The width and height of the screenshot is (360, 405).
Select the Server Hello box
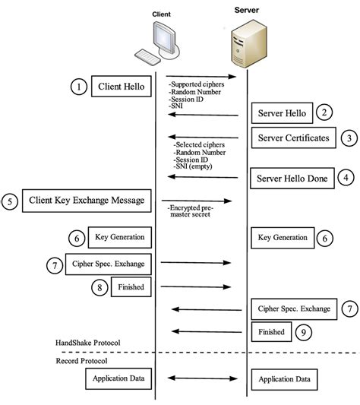click(x=282, y=114)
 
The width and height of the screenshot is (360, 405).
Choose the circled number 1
click(x=79, y=87)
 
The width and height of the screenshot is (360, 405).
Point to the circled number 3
click(x=348, y=138)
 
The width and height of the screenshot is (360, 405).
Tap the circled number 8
click(x=98, y=287)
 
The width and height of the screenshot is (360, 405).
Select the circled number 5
click(x=9, y=201)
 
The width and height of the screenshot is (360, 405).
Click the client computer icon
click(x=157, y=43)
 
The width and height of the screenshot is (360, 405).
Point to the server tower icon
click(x=247, y=43)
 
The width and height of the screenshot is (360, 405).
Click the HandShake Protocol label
click(x=88, y=343)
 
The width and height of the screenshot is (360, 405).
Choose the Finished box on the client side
click(x=130, y=287)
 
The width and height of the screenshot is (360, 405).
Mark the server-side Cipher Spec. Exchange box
click(x=293, y=308)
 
